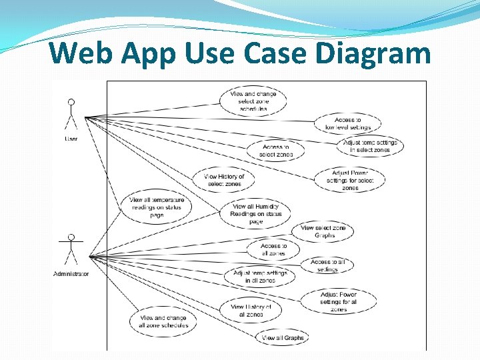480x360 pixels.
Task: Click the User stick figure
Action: coord(71,116)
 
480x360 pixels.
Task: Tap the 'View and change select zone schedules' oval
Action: coord(253,101)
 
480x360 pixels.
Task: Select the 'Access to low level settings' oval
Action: coord(347,123)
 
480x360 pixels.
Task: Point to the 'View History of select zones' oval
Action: coord(224,180)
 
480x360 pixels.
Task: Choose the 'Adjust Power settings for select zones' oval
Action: coord(350,180)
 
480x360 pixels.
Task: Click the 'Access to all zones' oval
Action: coord(273,249)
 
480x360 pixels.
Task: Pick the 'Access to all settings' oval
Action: coord(327,265)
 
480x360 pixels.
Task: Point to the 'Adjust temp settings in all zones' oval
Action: coord(260,277)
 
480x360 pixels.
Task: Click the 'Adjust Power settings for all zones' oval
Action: coord(339,301)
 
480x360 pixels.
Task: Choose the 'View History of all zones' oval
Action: coord(251,310)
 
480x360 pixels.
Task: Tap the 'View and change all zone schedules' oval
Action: coord(163,321)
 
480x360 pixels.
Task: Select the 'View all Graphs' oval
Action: coord(283,338)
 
